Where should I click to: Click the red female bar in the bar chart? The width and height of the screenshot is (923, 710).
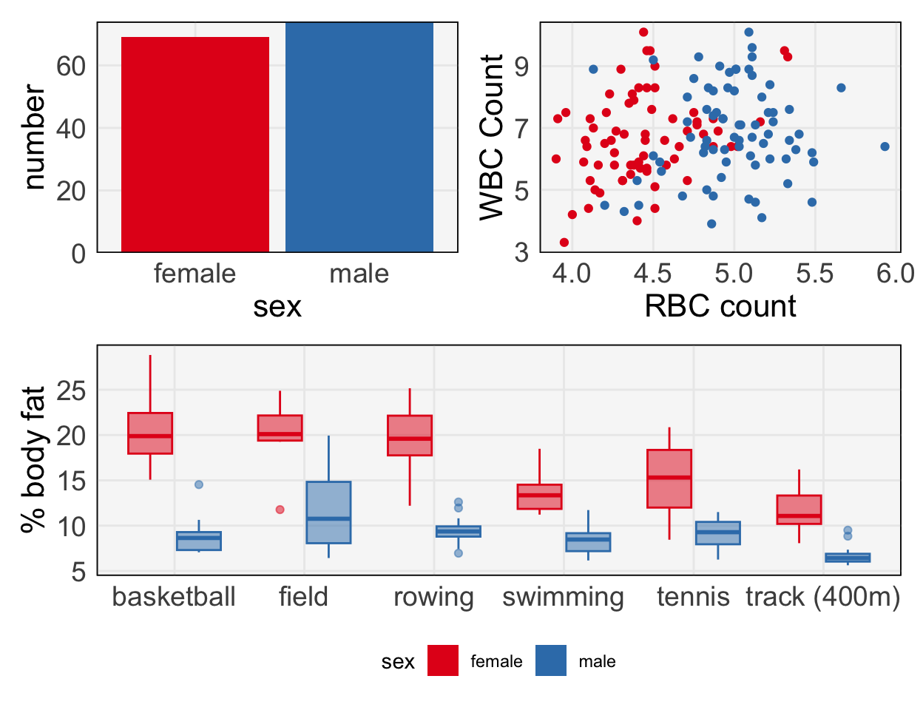[x=195, y=144]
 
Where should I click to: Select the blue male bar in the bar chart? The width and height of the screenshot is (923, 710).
[x=359, y=138]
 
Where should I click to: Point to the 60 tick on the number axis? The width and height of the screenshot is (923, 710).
[x=71, y=66]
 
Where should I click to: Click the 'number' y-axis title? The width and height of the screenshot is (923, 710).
[x=34, y=138]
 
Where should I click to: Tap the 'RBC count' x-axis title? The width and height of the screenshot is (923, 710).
[x=720, y=306]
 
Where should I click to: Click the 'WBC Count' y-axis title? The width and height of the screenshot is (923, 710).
[x=492, y=138]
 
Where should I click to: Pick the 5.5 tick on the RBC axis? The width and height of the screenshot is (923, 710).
[x=814, y=274]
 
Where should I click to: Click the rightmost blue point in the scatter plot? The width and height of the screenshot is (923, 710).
[x=885, y=146]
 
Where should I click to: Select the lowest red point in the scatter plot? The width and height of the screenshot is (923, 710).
[x=564, y=243]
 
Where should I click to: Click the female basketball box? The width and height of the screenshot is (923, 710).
[x=150, y=433]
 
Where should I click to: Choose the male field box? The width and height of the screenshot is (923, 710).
[x=328, y=513]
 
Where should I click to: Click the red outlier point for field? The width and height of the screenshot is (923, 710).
[x=280, y=510]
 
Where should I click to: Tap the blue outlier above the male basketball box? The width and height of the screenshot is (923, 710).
[x=199, y=484]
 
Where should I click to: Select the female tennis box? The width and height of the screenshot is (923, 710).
[x=669, y=479]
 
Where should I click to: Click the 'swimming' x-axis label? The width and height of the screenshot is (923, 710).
[x=564, y=597]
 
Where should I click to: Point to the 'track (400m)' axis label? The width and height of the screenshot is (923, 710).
[x=822, y=597]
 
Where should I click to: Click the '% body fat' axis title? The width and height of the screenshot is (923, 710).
[x=34, y=459]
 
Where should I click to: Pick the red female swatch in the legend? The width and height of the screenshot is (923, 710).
[x=443, y=661]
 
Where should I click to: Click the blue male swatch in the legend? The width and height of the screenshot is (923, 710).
[x=551, y=661]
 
